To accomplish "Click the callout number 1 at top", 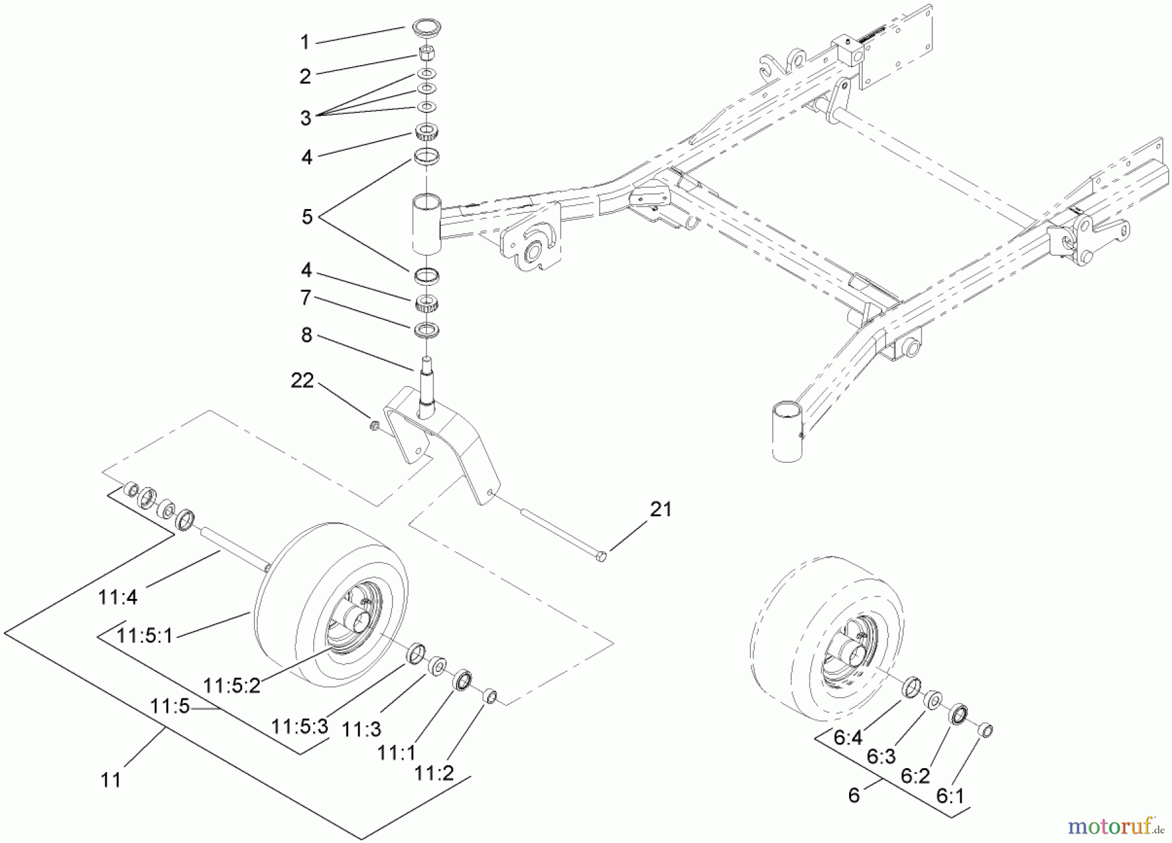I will pos(304,43).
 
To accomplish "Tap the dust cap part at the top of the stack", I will pos(427,30).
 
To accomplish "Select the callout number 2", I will pos(305,77).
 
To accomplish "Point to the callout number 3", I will pos(305,118).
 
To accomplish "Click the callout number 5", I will pos(307,217).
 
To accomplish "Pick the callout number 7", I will pos(306,299).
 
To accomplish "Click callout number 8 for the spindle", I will pos(306,336).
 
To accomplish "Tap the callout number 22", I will pos(302,381).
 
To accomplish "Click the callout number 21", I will pos(661,509).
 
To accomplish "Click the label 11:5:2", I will pos(231,685).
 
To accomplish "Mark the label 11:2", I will pos(434,773).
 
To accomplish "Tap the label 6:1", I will pos(951,797).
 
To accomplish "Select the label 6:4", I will pos(848,738).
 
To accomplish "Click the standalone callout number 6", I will pos(854,795).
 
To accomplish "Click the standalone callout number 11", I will pos(111,779).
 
